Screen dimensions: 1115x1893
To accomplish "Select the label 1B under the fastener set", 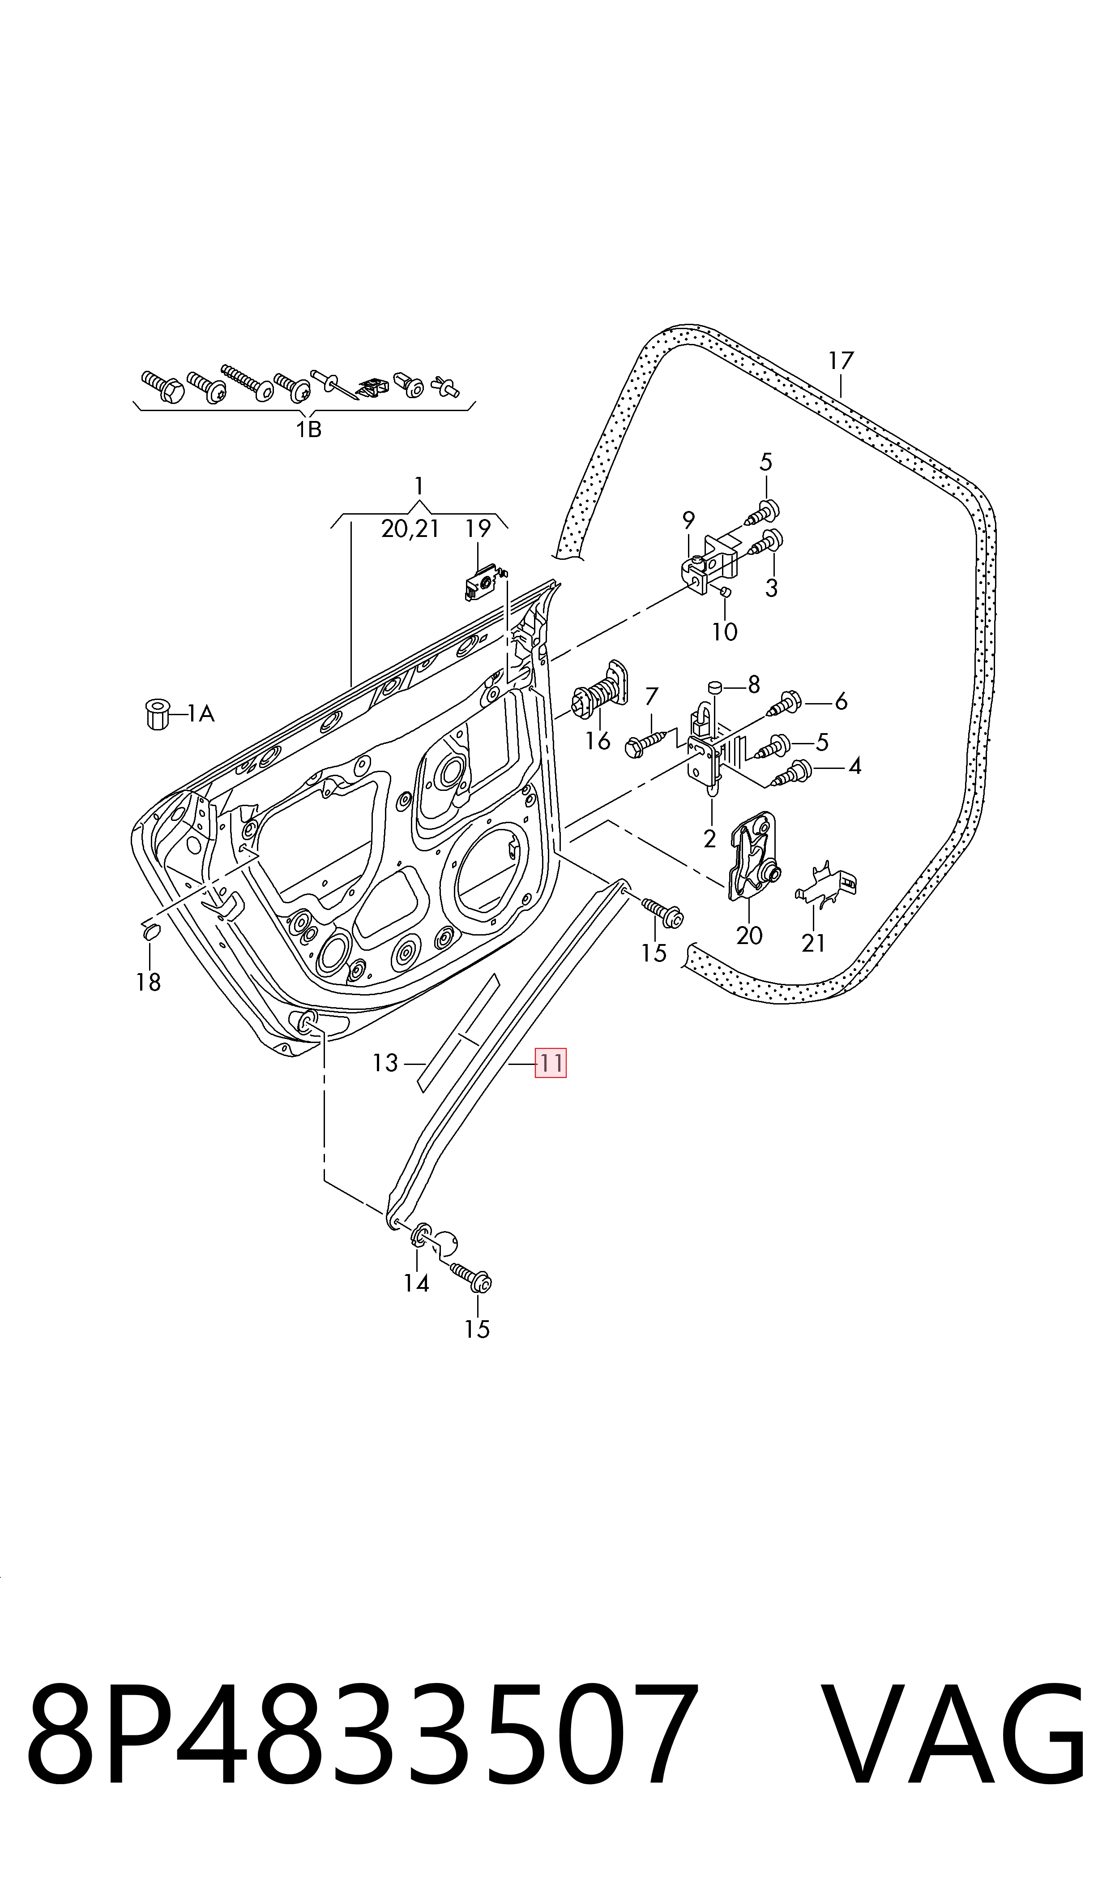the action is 308,430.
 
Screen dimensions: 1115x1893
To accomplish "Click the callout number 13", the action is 385,1063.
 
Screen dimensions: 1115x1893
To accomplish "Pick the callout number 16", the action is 598,741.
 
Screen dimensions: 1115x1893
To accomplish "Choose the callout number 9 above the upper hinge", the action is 688,520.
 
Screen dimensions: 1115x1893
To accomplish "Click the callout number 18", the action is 149,982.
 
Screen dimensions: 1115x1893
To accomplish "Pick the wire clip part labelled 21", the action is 826,885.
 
